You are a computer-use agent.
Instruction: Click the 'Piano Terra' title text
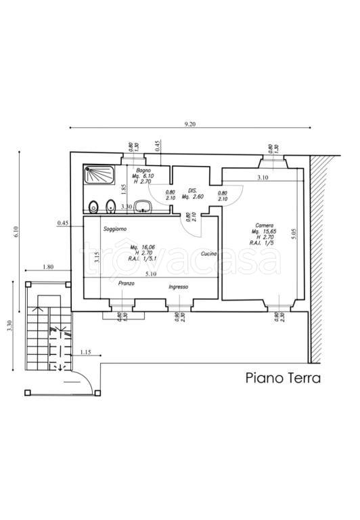click(282, 378)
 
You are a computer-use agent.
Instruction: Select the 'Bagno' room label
click(142, 169)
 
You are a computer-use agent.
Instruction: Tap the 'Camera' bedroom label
click(265, 225)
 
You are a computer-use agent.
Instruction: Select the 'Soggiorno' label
click(115, 230)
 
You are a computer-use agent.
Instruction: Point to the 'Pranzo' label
click(127, 283)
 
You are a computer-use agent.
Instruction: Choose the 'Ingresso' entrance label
click(179, 287)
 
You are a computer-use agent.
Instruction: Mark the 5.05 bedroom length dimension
click(294, 234)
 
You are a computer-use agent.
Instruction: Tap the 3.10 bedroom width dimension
click(263, 177)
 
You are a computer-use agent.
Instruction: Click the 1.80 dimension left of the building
click(47, 267)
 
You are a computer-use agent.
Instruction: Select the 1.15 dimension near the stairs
click(86, 353)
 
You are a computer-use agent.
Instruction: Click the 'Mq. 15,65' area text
click(265, 232)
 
